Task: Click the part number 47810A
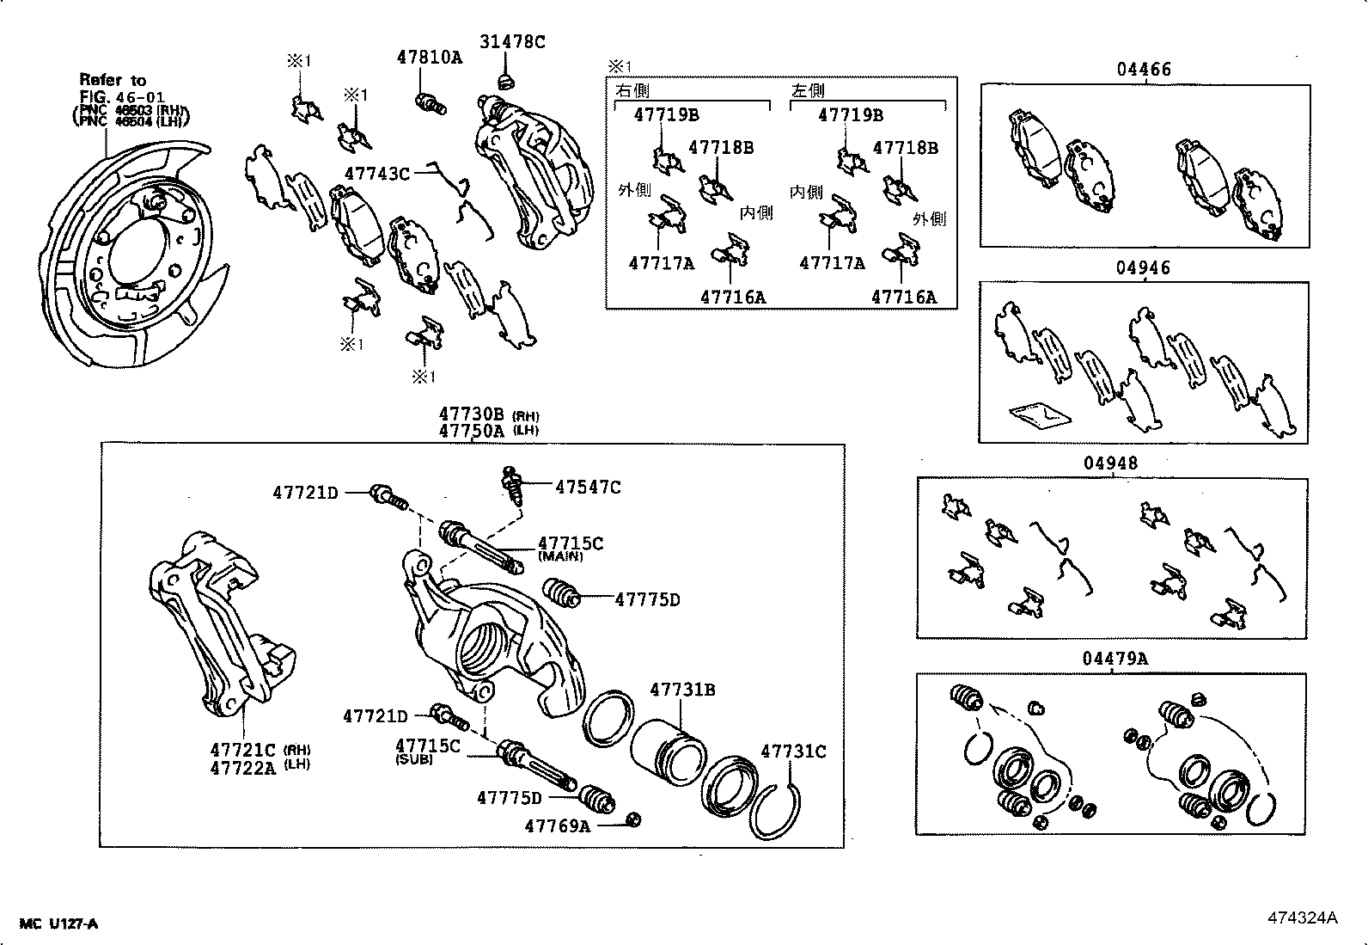429,58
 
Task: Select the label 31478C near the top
512,41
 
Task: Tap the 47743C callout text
376,174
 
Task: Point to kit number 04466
1144,70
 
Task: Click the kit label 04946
1143,268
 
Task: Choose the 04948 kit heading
1110,463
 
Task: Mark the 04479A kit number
1115,659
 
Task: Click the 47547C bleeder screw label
588,488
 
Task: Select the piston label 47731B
682,690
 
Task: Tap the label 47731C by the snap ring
792,752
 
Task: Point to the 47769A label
558,826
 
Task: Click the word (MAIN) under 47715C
560,557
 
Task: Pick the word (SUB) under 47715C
414,760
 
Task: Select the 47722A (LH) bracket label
243,768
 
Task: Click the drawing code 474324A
1302,917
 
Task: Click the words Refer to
113,80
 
